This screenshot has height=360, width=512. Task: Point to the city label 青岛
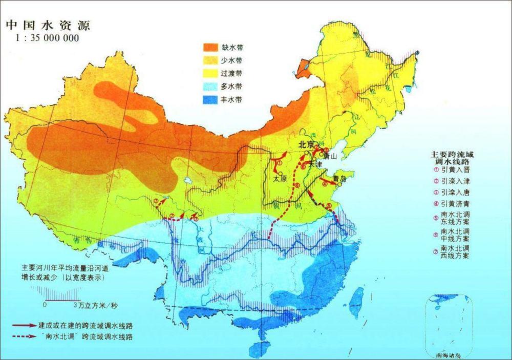tap(339, 179)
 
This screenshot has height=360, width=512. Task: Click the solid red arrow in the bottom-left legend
tap(24, 326)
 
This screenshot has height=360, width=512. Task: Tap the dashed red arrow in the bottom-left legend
tap(24, 337)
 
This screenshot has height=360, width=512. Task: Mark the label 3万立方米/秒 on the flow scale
tap(95, 306)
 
